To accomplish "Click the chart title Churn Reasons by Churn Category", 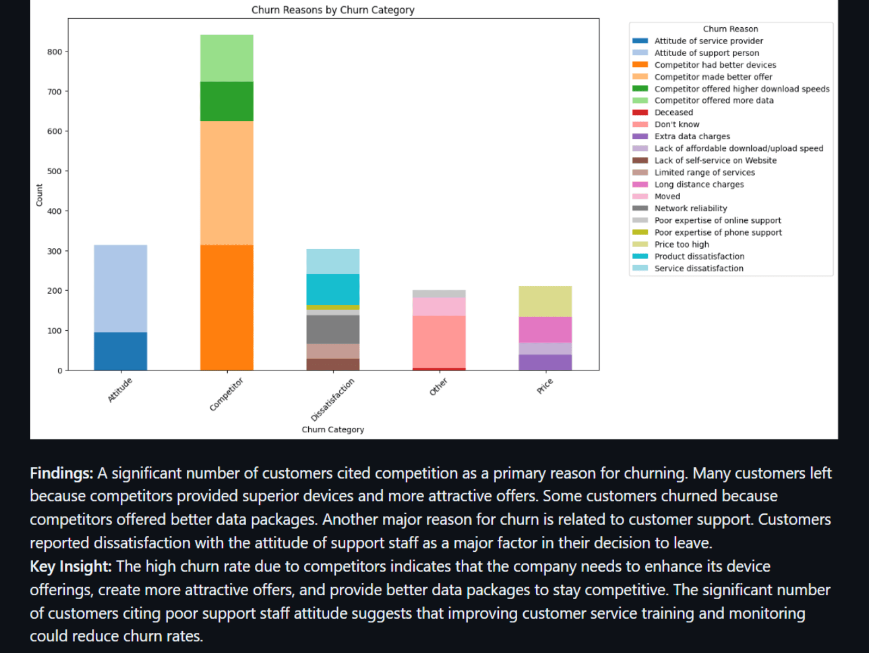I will (333, 10).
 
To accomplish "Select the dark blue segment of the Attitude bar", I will (120, 351).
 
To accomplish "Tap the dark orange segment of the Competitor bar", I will (227, 307).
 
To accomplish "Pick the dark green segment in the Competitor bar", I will (227, 101).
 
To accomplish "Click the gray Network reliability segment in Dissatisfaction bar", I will (333, 329).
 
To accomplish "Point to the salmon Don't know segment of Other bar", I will (439, 342).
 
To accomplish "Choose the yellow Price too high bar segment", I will (545, 301).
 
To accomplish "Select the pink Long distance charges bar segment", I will (545, 330).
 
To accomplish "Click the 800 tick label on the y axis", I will (54, 52).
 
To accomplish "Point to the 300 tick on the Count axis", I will (54, 251).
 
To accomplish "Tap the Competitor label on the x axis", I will (227, 394).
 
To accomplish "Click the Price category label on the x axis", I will (544, 386).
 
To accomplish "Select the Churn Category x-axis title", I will (333, 429).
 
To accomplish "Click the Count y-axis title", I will (39, 195).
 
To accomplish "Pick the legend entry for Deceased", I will (674, 112).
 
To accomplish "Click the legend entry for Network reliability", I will (690, 208).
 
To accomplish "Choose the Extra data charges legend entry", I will (692, 137).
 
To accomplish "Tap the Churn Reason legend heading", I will (730, 29).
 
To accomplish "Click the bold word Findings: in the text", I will (62, 473).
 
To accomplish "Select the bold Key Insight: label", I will (71, 566).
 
